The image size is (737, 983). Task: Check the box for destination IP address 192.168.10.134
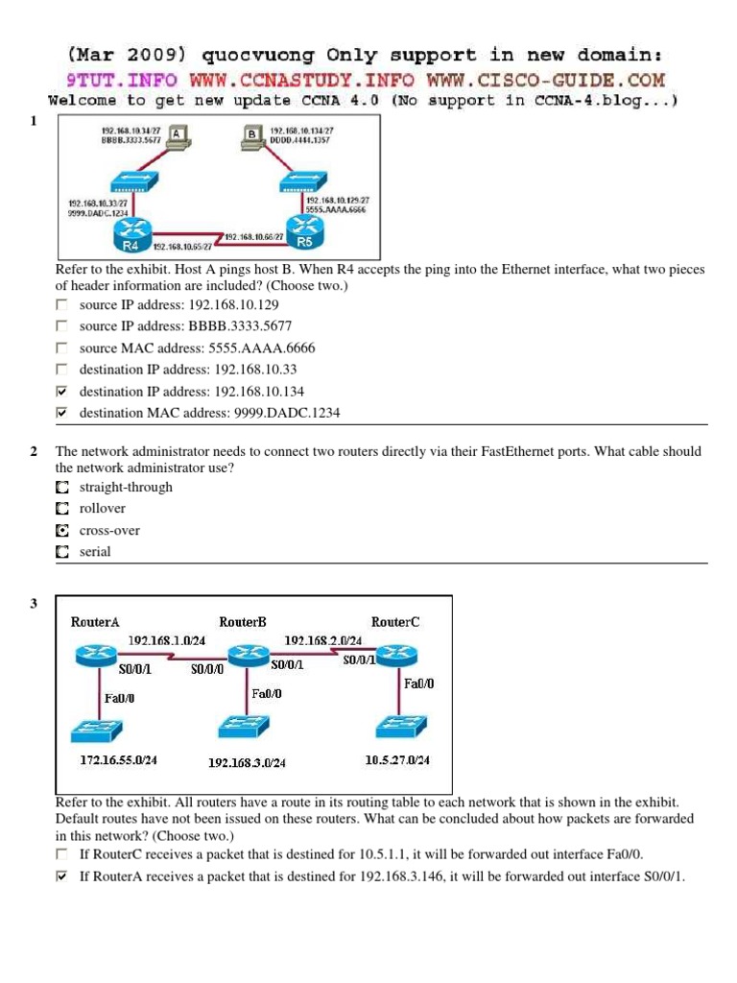pos(62,392)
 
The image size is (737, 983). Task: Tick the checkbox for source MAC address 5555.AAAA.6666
pos(62,348)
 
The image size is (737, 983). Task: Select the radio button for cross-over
pos(62,530)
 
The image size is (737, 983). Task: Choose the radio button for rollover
pos(62,509)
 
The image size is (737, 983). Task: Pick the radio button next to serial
pos(62,552)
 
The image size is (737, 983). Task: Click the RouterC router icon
pos(393,655)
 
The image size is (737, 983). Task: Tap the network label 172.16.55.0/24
pos(117,760)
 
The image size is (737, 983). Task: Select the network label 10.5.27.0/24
pos(397,760)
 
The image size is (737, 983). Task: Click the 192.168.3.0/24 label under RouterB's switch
pos(247,763)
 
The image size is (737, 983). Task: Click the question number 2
pos(34,451)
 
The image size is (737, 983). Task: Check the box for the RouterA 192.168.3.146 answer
pos(62,876)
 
